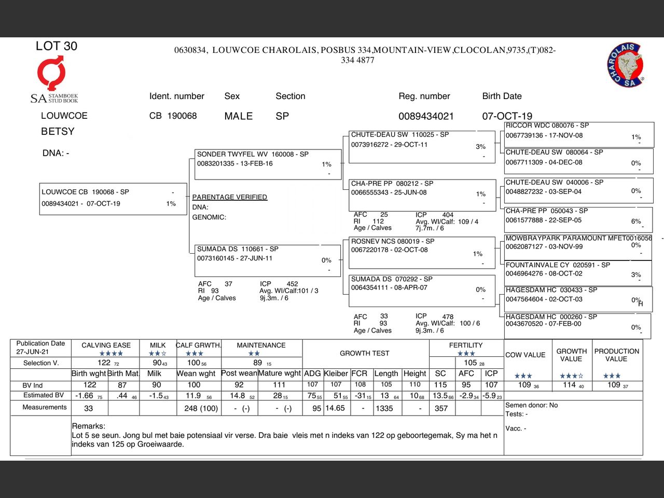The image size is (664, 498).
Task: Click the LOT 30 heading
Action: click(x=57, y=46)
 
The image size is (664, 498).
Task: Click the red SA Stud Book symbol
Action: click(x=51, y=73)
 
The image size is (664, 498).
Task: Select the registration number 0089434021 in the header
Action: click(x=426, y=116)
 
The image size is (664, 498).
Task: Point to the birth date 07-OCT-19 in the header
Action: click(x=507, y=116)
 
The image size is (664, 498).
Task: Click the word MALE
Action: click(x=238, y=116)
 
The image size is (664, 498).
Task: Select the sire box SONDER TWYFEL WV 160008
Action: click(x=268, y=164)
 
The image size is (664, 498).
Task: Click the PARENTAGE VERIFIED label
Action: click(x=229, y=197)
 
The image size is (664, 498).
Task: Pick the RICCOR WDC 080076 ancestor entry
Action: click(x=578, y=134)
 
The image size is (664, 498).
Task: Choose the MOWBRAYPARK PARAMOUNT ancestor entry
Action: click(x=578, y=246)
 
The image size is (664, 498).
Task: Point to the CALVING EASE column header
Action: click(x=106, y=345)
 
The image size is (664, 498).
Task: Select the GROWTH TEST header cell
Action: click(x=364, y=353)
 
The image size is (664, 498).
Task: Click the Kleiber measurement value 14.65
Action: click(x=335, y=408)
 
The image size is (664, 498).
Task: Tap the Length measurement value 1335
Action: click(x=384, y=408)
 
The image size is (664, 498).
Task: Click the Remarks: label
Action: click(x=89, y=426)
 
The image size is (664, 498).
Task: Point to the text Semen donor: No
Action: click(x=532, y=405)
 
